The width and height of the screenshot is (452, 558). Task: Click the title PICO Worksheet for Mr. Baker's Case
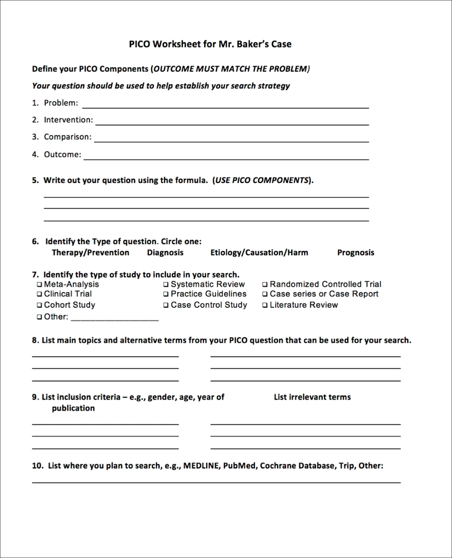210,44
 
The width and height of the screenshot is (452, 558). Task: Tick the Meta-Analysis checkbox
40,285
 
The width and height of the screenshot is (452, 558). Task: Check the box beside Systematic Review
166,285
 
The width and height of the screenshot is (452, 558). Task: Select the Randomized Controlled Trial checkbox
265,285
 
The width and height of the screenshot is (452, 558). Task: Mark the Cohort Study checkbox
40,306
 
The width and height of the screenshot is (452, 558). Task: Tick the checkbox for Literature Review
265,306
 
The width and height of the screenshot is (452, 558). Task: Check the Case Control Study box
166,306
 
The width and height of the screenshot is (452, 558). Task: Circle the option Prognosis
356,252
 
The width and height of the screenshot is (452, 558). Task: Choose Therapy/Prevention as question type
90,252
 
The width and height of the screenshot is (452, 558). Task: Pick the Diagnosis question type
165,252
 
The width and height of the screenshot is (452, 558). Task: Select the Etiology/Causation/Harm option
259,252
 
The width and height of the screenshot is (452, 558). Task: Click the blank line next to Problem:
225,105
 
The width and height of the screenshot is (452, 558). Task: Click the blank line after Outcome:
226,157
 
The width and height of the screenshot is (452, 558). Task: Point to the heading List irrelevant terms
312,397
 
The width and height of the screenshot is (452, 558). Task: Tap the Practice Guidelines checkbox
166,294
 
